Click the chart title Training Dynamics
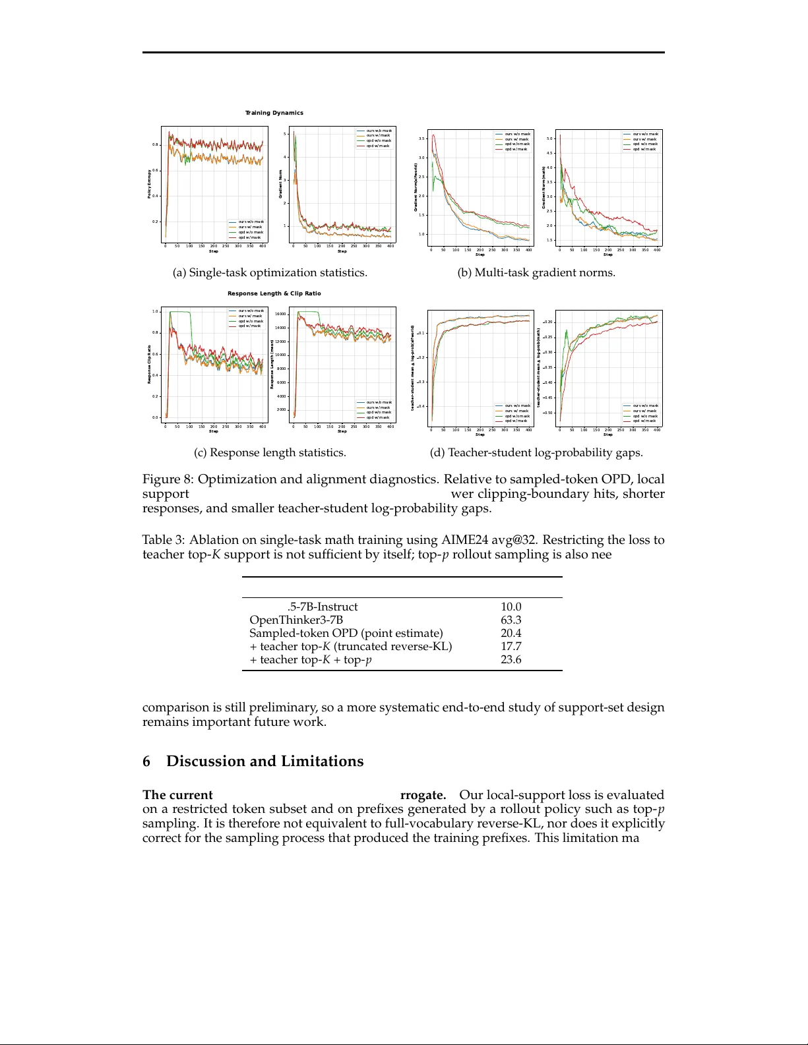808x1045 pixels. (x=274, y=113)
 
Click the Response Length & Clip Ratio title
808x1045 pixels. (x=274, y=293)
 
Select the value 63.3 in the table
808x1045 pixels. (x=511, y=620)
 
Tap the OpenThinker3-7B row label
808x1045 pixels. (x=296, y=620)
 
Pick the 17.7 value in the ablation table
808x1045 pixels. (x=511, y=646)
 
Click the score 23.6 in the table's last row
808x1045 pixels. (x=511, y=659)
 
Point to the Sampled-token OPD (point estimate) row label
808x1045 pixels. (x=346, y=633)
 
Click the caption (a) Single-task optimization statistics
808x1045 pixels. (x=270, y=272)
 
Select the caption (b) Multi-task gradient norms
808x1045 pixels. (x=536, y=272)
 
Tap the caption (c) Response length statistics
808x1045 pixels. (x=270, y=452)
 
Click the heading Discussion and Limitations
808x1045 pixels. (x=264, y=761)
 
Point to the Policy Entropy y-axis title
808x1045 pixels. (x=149, y=184)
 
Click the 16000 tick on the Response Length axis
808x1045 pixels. (x=280, y=314)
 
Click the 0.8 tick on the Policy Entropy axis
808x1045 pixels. (x=155, y=144)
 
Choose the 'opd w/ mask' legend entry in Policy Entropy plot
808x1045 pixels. (x=249, y=237)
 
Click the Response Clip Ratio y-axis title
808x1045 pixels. (x=149, y=364)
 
